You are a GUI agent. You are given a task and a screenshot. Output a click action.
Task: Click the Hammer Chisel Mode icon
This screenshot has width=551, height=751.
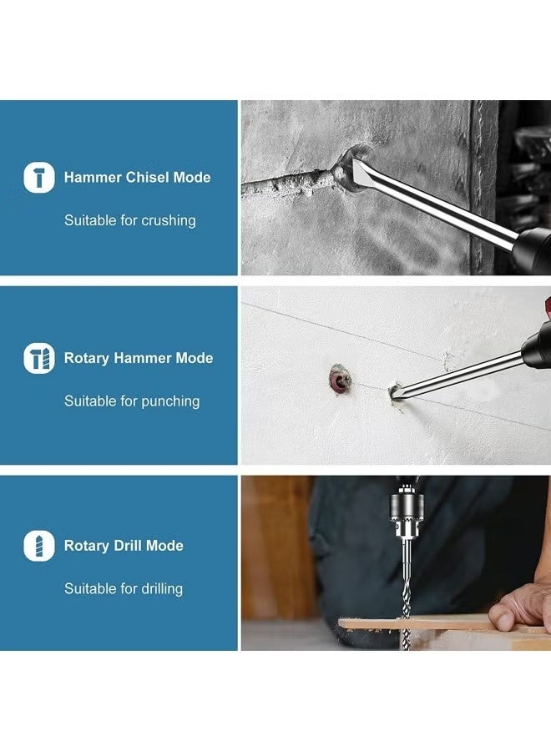(38, 178)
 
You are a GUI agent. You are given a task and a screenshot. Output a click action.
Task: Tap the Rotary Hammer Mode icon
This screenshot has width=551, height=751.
(38, 358)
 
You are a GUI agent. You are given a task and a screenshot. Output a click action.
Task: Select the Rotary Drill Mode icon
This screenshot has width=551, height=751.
(38, 546)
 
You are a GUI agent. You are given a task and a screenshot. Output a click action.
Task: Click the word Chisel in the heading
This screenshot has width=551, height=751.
(147, 178)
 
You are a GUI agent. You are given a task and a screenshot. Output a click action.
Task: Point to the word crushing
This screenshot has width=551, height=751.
(169, 221)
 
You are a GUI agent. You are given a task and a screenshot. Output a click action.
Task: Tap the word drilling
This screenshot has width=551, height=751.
(162, 588)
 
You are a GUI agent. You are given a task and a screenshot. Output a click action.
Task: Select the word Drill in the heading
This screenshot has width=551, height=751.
(128, 546)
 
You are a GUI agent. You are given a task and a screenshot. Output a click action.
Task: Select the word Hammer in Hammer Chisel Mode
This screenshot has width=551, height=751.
(93, 178)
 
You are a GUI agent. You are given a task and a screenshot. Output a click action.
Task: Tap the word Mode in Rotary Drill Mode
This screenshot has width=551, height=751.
(164, 546)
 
